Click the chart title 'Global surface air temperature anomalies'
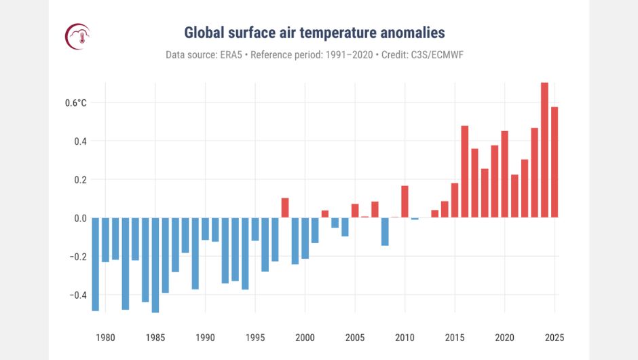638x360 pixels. pyautogui.click(x=314, y=33)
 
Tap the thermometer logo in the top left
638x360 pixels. pyautogui.click(x=77, y=36)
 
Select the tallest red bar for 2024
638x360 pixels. pyautogui.click(x=544, y=149)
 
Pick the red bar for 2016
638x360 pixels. pyautogui.click(x=465, y=171)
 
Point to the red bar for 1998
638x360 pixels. pyautogui.click(x=285, y=207)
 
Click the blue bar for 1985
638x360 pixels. pyautogui.click(x=155, y=265)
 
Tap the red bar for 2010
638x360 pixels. pyautogui.click(x=405, y=201)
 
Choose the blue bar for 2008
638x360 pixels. pyautogui.click(x=385, y=231)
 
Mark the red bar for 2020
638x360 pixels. pyautogui.click(x=504, y=174)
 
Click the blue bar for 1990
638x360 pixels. pyautogui.click(x=205, y=229)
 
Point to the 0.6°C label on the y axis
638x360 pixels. pyautogui.click(x=75, y=103)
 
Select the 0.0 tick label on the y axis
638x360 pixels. pyautogui.click(x=80, y=218)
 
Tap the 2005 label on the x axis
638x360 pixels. pyautogui.click(x=355, y=338)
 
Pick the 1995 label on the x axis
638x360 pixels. pyautogui.click(x=255, y=338)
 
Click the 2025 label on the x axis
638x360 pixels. pyautogui.click(x=554, y=338)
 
